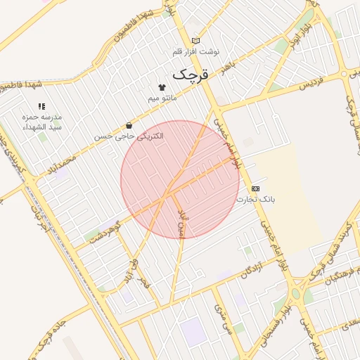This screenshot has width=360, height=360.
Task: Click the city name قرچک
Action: click(x=191, y=73)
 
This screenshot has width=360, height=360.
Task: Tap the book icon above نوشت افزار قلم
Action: click(x=195, y=41)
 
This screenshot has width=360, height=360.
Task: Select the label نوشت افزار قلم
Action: click(x=196, y=52)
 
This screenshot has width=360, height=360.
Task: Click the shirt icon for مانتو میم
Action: click(x=162, y=88)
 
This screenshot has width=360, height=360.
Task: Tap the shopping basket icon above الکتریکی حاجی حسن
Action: click(x=128, y=125)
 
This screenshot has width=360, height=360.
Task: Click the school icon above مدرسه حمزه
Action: click(x=41, y=105)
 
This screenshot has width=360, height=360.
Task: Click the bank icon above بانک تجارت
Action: click(x=255, y=188)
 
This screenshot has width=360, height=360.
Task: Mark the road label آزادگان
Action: click(x=252, y=269)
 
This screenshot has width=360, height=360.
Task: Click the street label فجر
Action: click(x=145, y=282)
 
